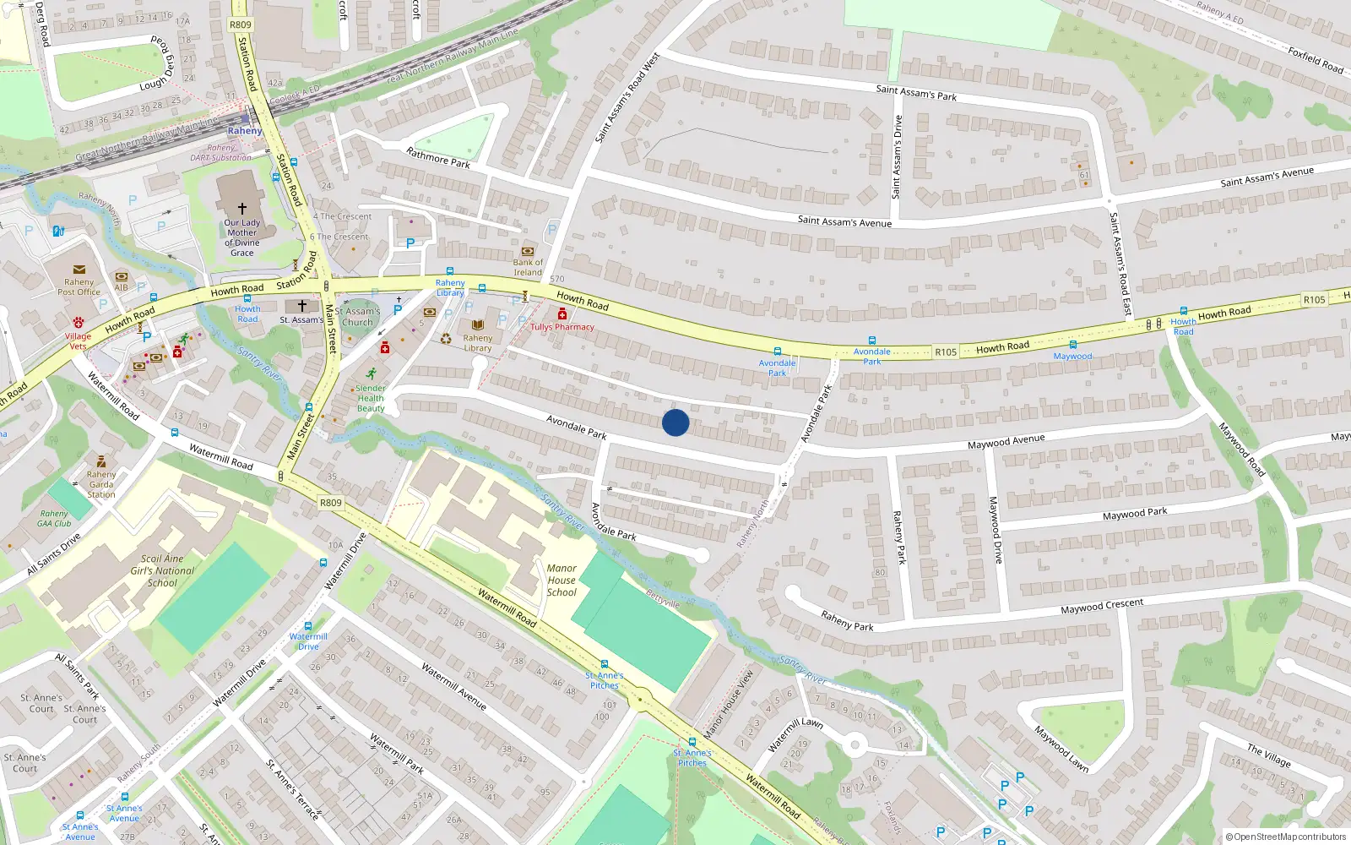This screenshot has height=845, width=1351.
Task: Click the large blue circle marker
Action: [675, 422]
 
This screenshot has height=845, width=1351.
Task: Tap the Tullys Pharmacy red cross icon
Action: [562, 314]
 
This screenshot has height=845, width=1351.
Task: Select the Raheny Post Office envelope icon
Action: [79, 270]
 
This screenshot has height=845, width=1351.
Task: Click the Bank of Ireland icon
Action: [528, 251]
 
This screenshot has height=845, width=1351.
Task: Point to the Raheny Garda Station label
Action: [101, 484]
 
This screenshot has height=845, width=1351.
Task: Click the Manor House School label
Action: [562, 581]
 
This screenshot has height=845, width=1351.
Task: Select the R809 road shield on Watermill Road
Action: [331, 503]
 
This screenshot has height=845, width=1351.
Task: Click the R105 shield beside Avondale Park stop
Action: [946, 352]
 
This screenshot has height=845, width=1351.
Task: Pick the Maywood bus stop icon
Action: [1073, 345]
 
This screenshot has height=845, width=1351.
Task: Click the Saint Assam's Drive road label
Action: [898, 157]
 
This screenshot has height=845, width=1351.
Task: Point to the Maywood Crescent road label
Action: [1102, 607]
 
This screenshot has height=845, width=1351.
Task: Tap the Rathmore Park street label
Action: [438, 158]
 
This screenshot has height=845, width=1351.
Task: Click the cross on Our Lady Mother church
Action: [242, 208]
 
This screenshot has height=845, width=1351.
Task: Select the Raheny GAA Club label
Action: [54, 518]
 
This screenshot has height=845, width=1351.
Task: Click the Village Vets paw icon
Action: [79, 322]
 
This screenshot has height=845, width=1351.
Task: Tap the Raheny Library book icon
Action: [478, 325]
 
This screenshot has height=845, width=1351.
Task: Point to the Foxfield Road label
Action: [1316, 60]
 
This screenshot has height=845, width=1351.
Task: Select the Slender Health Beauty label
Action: [371, 398]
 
